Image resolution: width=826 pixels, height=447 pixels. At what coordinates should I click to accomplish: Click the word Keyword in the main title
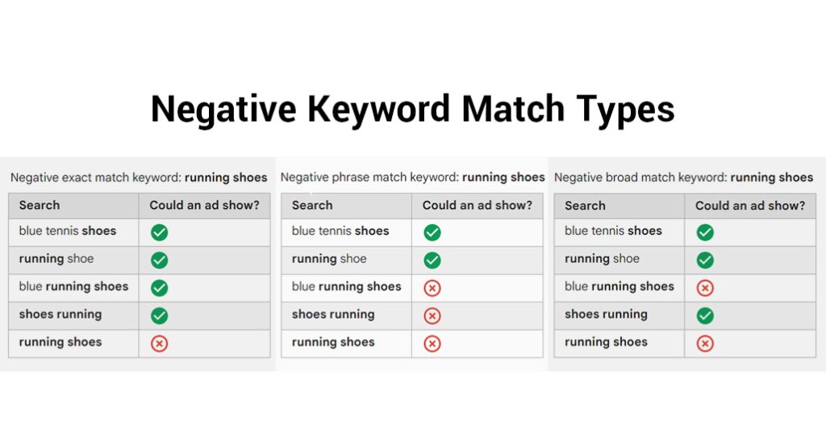click(379, 110)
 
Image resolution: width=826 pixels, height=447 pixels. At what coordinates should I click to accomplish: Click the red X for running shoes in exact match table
click(159, 344)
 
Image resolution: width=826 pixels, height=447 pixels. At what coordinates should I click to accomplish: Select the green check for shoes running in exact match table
click(159, 315)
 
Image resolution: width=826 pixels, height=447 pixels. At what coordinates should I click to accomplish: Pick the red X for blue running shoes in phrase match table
click(432, 288)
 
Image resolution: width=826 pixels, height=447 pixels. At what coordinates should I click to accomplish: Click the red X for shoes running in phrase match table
click(432, 315)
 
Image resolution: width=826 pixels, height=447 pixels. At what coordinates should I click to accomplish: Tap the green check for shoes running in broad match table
click(705, 315)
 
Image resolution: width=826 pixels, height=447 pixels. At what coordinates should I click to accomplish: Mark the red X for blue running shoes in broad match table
click(705, 288)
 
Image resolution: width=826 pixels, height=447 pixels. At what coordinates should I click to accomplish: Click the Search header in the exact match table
click(40, 205)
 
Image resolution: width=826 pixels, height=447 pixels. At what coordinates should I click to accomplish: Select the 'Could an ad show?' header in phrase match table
click(478, 205)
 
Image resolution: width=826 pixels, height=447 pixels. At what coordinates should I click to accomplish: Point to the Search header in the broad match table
click(586, 206)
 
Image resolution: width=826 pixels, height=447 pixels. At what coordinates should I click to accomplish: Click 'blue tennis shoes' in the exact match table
click(68, 231)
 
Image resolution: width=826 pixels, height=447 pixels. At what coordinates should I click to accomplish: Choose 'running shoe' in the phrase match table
click(329, 259)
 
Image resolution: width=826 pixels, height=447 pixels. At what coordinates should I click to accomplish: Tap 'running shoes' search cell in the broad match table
click(606, 342)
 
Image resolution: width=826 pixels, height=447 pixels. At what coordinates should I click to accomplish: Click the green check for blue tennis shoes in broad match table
click(705, 232)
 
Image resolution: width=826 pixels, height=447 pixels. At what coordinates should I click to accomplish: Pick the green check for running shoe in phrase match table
click(432, 261)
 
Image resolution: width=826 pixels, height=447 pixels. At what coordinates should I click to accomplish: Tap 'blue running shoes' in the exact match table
click(73, 286)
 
